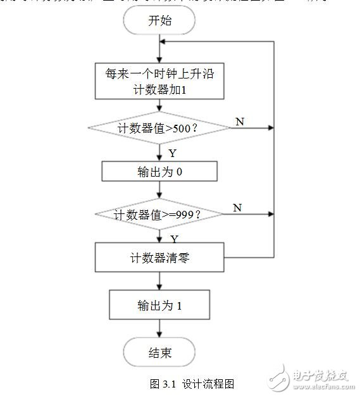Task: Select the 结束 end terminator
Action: tap(159, 353)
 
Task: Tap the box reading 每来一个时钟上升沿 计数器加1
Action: tap(159, 80)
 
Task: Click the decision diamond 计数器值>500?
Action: tap(159, 129)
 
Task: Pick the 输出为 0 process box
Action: tap(159, 171)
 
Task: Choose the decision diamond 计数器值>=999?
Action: tap(158, 215)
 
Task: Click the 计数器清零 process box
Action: tap(159, 258)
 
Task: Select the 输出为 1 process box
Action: tap(159, 306)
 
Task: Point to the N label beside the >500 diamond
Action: tap(239, 121)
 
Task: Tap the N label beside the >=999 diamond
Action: tap(237, 208)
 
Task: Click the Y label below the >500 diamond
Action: tap(172, 153)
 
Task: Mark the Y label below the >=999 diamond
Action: tap(173, 239)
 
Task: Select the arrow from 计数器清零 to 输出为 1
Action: tap(159, 281)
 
